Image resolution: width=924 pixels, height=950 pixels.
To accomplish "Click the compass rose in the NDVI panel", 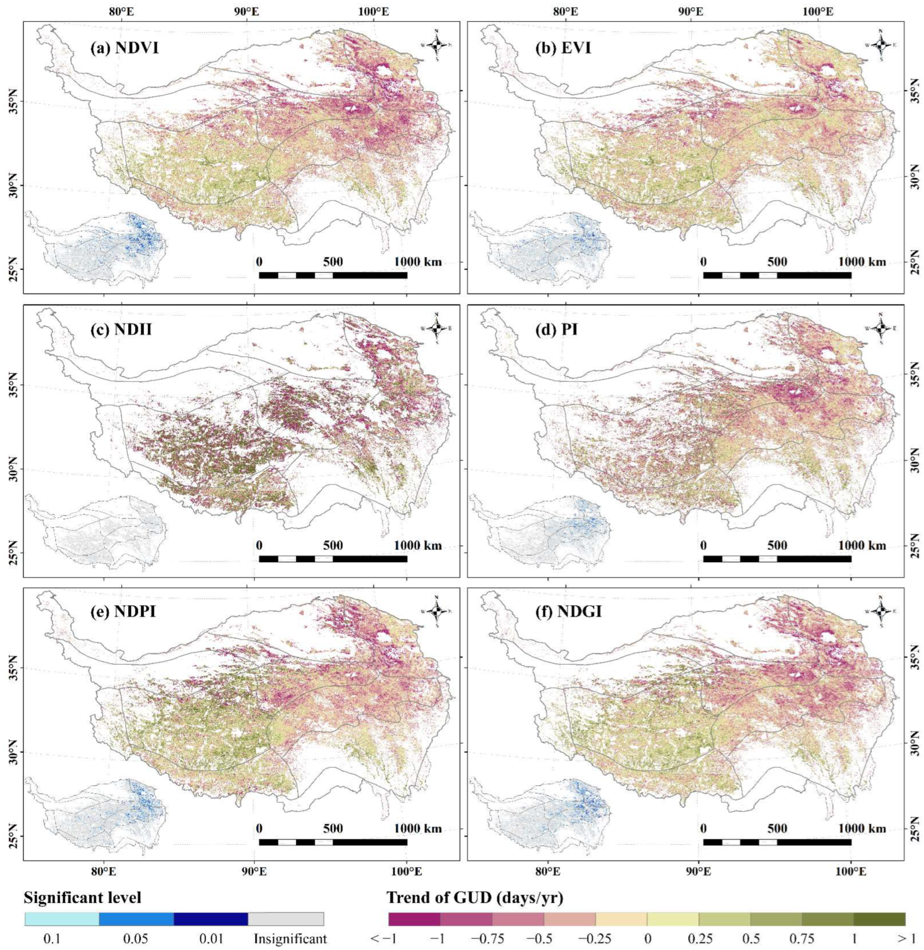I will coord(437,45).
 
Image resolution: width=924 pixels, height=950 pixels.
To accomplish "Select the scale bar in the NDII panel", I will coord(333,559).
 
